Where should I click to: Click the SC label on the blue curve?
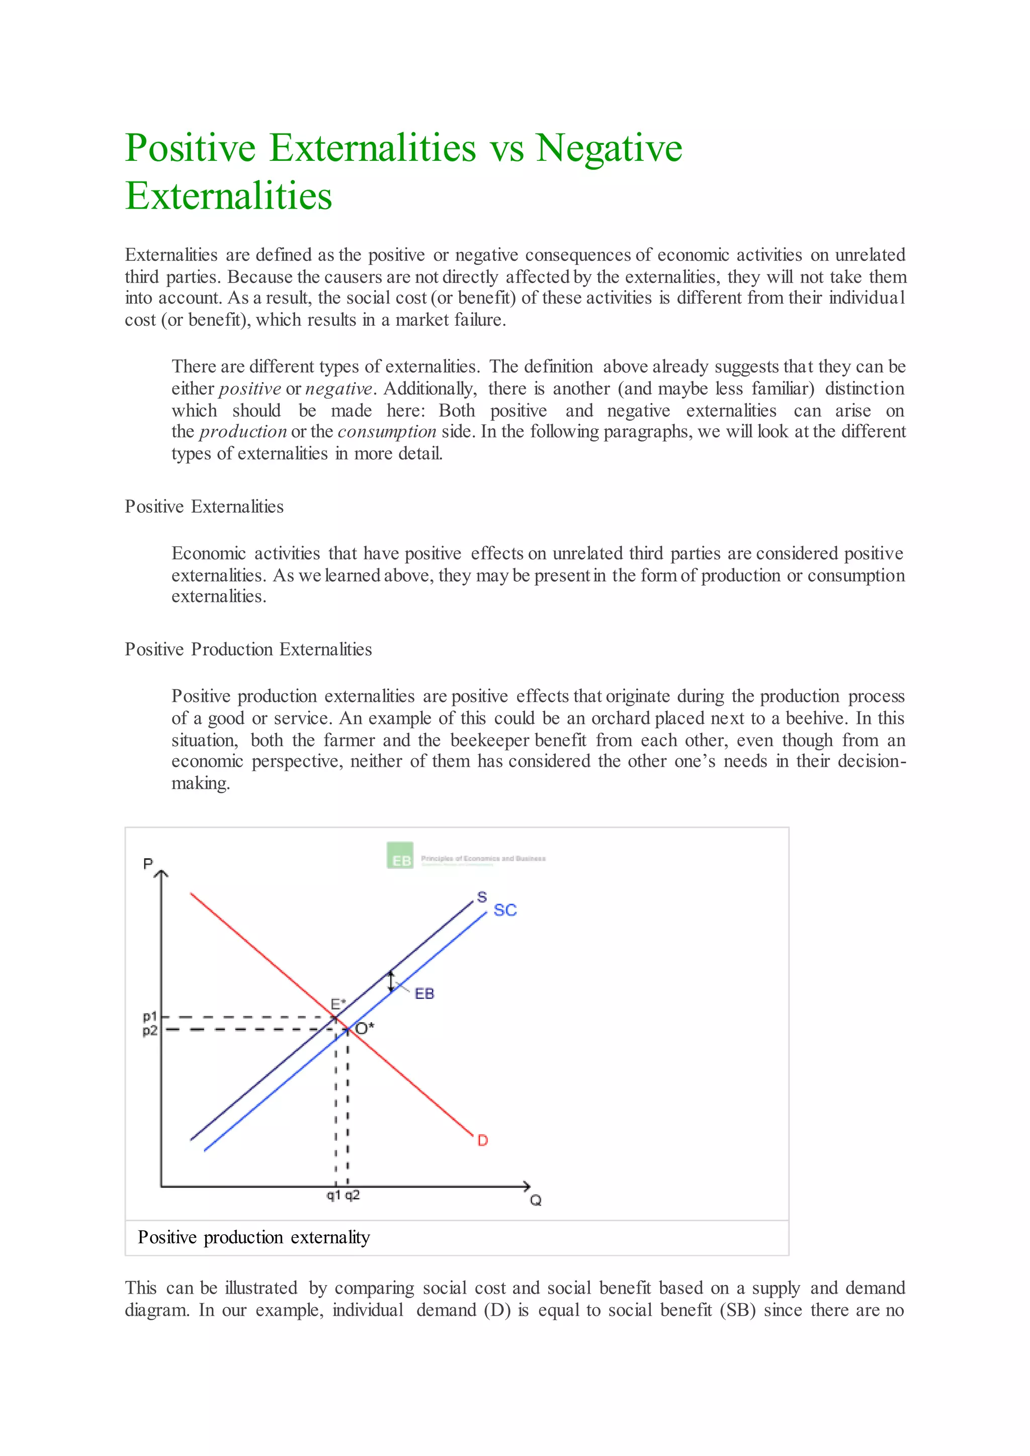[505, 910]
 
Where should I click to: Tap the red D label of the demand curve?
[483, 1141]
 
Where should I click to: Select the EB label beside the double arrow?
[424, 993]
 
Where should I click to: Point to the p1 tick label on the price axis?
[150, 1017]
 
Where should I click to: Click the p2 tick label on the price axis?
[150, 1031]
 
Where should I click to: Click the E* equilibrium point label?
[338, 1004]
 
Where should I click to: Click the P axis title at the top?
[148, 864]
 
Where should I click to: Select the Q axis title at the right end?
[536, 1201]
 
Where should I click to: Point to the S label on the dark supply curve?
[482, 897]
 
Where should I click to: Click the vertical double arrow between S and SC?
[391, 981]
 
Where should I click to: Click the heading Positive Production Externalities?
[248, 650]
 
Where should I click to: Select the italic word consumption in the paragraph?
[387, 432]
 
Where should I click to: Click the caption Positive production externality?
[253, 1237]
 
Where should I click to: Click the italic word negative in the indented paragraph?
[338, 389]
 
